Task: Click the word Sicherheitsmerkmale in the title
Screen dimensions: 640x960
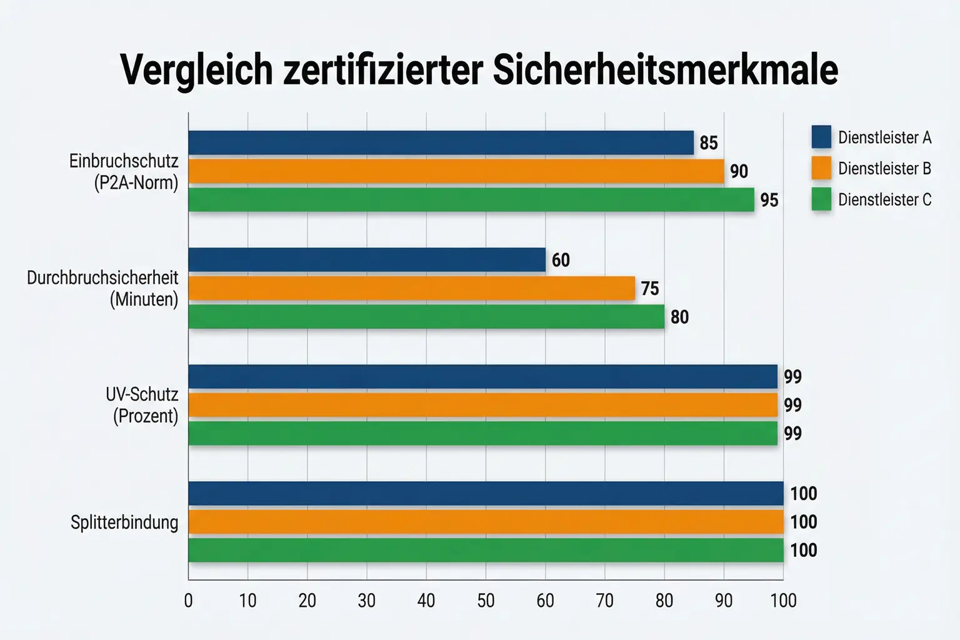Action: [665, 70]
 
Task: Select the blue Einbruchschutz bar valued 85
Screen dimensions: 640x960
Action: [441, 142]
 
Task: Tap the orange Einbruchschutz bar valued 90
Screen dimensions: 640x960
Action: [456, 171]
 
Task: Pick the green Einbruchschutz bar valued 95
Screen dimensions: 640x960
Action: [471, 200]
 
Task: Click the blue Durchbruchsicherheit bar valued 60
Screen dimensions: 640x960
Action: [366, 260]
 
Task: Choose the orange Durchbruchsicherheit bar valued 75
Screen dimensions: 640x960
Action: [411, 289]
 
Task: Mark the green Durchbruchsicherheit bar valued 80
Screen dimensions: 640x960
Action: [426, 317]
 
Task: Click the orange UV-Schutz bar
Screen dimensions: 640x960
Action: [482, 405]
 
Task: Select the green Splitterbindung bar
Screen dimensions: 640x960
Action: [486, 550]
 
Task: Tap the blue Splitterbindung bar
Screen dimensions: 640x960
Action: [486, 493]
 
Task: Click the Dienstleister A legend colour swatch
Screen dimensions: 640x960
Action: [821, 137]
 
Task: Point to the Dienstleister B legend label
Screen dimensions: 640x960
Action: [884, 169]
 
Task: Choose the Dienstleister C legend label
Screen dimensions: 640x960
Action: [884, 200]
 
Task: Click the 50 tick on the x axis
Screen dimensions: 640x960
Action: [486, 601]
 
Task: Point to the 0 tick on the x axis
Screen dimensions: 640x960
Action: [188, 601]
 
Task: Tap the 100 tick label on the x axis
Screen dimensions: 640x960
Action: [783, 601]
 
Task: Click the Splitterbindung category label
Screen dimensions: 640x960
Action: [124, 522]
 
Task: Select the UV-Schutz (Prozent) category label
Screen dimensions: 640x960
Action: [142, 405]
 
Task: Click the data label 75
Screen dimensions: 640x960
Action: [650, 289]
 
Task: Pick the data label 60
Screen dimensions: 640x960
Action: [561, 260]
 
